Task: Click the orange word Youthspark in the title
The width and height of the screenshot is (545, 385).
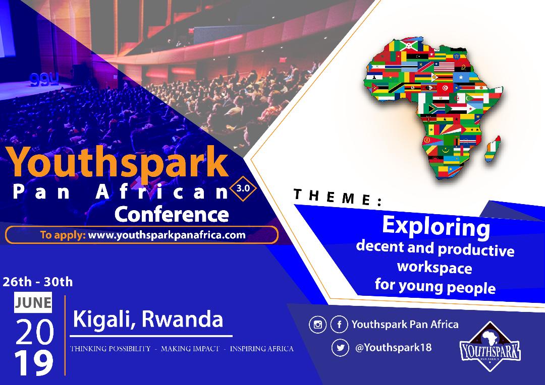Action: coord(118,162)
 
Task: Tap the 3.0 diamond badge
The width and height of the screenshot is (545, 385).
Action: coord(243,189)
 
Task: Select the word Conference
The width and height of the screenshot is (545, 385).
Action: coord(172,214)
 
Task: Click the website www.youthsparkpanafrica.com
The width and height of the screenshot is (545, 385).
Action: coord(167,235)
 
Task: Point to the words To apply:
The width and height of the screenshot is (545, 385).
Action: coord(63,235)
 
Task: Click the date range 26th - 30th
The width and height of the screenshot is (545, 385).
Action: coord(37,282)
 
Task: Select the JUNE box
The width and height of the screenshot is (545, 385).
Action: coord(33,302)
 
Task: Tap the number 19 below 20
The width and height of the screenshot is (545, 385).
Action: coord(34,363)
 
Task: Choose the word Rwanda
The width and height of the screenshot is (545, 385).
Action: coord(183,318)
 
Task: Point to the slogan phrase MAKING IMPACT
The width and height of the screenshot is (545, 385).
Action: coord(190,349)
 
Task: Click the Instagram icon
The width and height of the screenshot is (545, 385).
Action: coord(318,325)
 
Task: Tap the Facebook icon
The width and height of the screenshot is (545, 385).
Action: coord(339,325)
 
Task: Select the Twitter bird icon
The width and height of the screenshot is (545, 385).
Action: coord(340,348)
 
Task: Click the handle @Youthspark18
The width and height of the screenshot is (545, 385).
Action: coord(393,348)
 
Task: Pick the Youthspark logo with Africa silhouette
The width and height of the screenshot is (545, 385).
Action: coord(490,347)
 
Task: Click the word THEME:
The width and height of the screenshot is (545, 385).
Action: coord(338,197)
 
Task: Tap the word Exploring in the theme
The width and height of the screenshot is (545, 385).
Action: coord(436,226)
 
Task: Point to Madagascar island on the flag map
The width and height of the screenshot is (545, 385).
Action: coord(493,149)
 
